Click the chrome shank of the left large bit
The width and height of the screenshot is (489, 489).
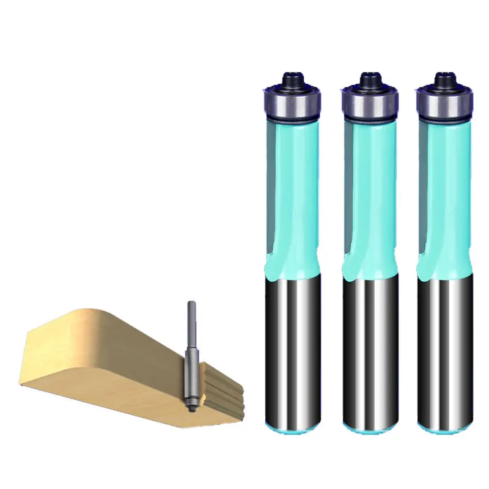(x=291, y=348)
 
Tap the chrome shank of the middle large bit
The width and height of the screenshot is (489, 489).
(x=369, y=348)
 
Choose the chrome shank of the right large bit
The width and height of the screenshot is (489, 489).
(x=445, y=348)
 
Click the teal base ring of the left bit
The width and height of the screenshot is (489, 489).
(x=291, y=428)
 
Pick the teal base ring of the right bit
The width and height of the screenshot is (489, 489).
(x=445, y=428)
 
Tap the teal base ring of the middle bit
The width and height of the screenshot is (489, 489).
(x=369, y=428)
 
